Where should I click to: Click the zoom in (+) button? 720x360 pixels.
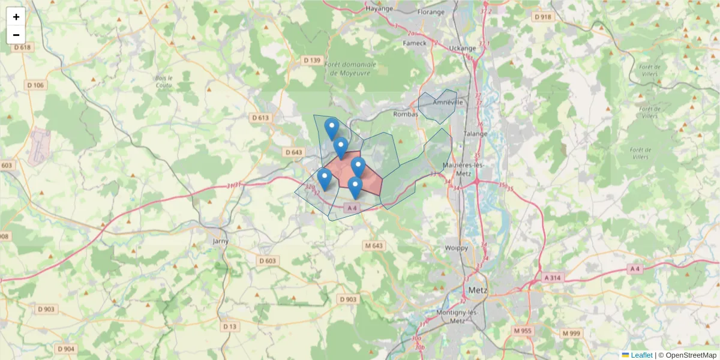(x=16, y=17)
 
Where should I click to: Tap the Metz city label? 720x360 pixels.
(x=478, y=290)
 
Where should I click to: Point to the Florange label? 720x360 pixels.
(x=431, y=11)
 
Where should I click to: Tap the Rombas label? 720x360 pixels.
(x=405, y=114)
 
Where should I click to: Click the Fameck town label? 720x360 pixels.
(x=415, y=43)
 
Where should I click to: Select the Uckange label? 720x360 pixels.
(x=463, y=48)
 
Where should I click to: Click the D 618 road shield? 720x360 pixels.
(x=22, y=47)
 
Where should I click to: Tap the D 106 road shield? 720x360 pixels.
(x=35, y=85)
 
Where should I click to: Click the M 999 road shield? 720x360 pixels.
(x=571, y=333)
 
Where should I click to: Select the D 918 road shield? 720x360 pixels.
(x=543, y=17)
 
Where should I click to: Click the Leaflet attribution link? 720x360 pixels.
(x=641, y=355)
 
